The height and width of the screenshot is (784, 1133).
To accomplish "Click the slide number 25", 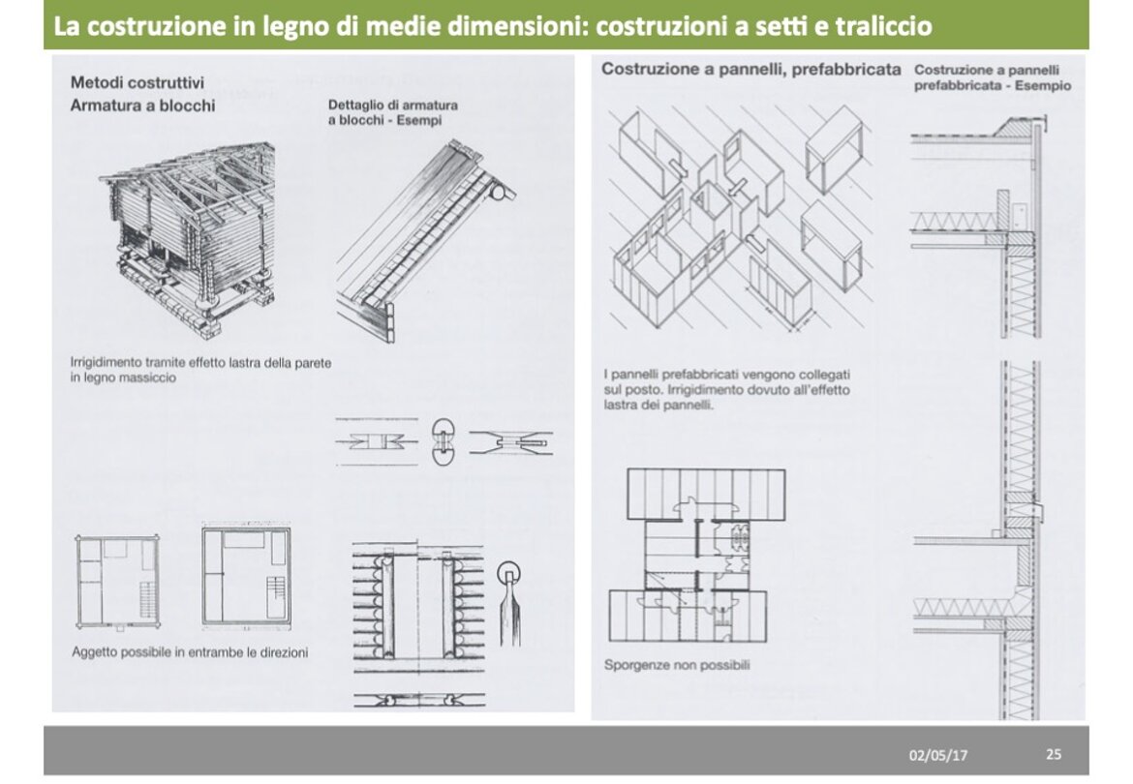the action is (x=1054, y=754).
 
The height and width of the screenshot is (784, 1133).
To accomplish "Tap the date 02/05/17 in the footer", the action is (x=938, y=755).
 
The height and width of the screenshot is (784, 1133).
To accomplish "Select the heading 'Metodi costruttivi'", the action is (x=138, y=82).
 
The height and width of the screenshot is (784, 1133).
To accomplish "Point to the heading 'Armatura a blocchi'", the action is (x=142, y=106).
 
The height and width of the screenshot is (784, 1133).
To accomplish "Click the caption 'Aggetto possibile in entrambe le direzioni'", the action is (x=190, y=652).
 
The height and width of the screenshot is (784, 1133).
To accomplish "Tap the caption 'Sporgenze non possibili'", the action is (x=676, y=665).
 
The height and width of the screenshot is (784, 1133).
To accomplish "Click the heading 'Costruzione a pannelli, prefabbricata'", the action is (x=751, y=70).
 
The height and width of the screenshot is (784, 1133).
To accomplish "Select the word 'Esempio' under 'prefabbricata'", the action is (x=1043, y=85).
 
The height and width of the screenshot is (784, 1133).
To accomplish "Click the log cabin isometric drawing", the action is (x=188, y=237).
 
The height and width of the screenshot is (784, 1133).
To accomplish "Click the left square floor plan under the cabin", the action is (x=117, y=582).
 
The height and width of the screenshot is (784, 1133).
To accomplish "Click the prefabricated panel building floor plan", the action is (x=696, y=556).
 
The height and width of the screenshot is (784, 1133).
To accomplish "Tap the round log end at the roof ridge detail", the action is (x=498, y=193).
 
